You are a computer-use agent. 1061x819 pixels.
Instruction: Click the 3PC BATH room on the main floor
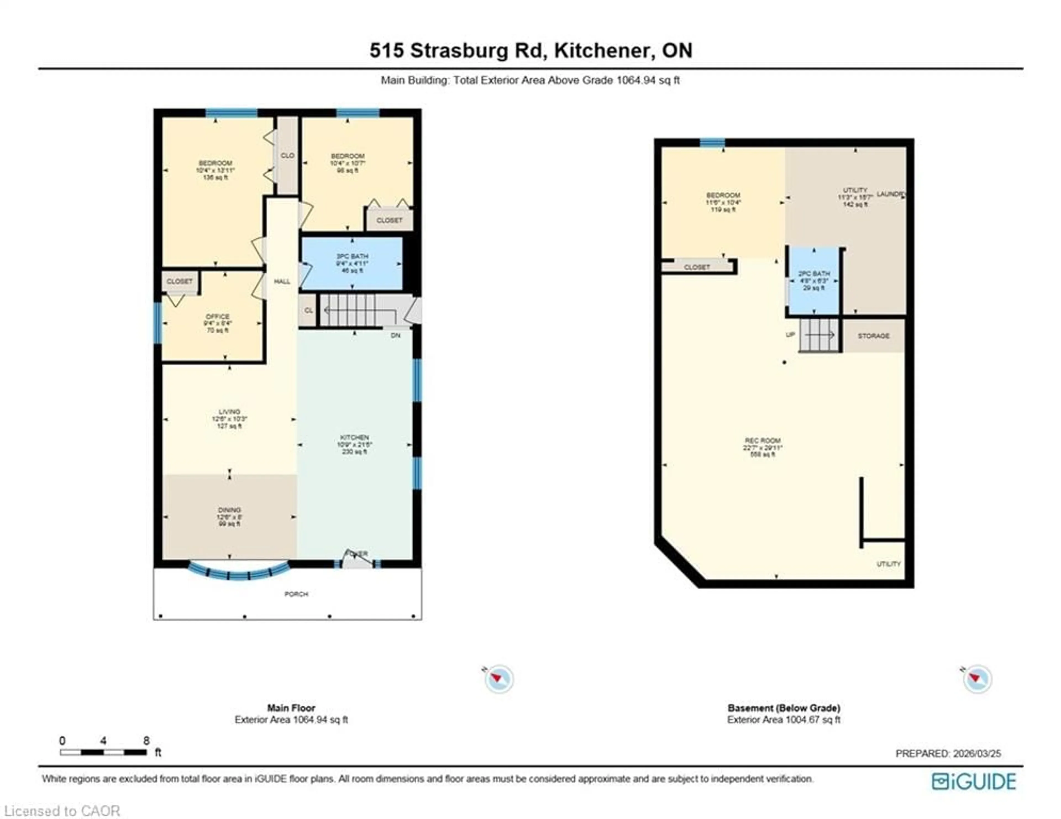pos(352,263)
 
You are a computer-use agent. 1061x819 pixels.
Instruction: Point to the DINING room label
pos(229,510)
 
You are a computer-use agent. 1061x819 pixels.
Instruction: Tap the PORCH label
pos(296,594)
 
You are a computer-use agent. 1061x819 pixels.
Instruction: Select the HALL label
pos(282,281)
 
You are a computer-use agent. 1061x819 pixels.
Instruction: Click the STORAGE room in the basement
pos(873,336)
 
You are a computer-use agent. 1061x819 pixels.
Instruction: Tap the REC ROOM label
pos(762,441)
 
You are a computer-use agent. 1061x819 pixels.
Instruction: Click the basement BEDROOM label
pos(723,195)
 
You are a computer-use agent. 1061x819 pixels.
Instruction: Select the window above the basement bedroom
pos(712,142)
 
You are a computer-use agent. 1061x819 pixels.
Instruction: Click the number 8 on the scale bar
pos(146,741)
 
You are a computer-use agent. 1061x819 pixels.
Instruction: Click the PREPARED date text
pos(948,754)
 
